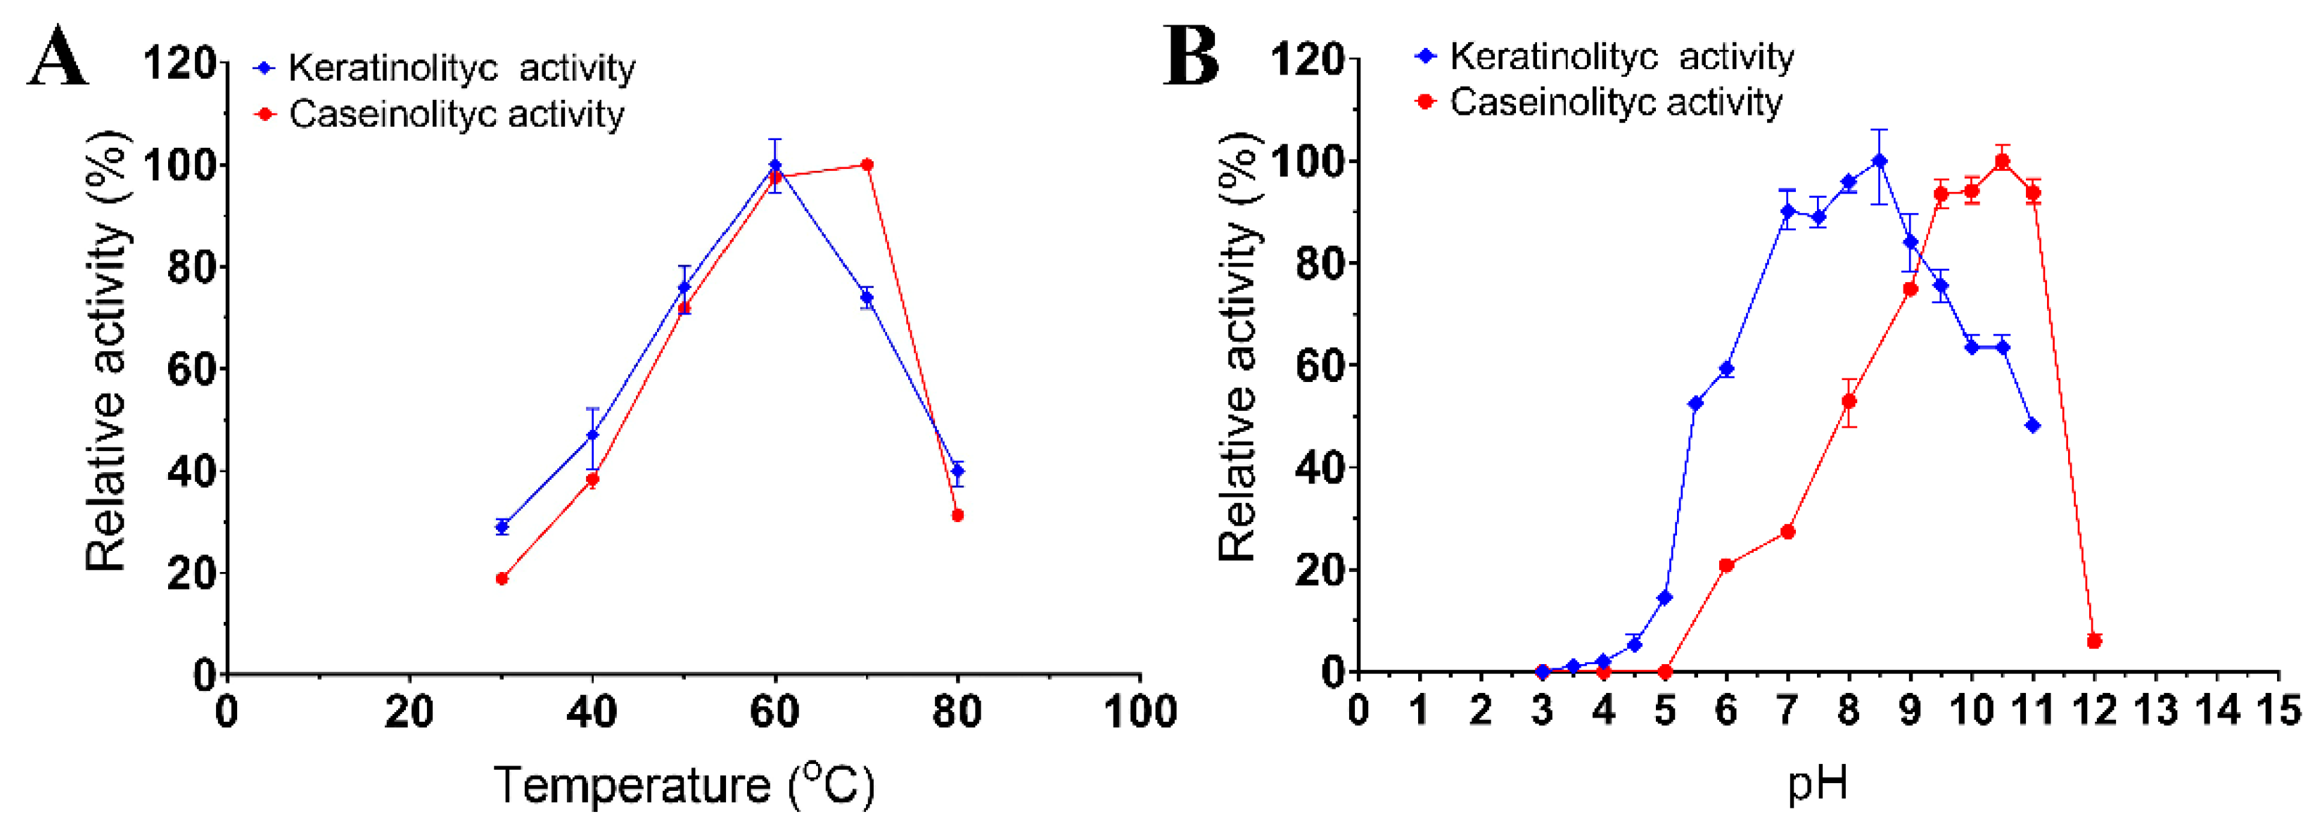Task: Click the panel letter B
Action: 1191,56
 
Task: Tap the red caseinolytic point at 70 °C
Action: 867,165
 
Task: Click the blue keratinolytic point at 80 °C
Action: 958,471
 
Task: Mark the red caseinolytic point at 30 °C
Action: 502,579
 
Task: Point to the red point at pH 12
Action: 2094,641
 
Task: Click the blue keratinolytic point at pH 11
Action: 2033,425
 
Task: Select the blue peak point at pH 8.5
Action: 1879,161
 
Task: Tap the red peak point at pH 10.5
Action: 2002,161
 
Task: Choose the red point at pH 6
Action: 1726,565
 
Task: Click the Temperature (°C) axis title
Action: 683,784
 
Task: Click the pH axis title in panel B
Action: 1817,782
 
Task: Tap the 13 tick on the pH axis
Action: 2156,711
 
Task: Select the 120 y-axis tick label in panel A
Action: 180,64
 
